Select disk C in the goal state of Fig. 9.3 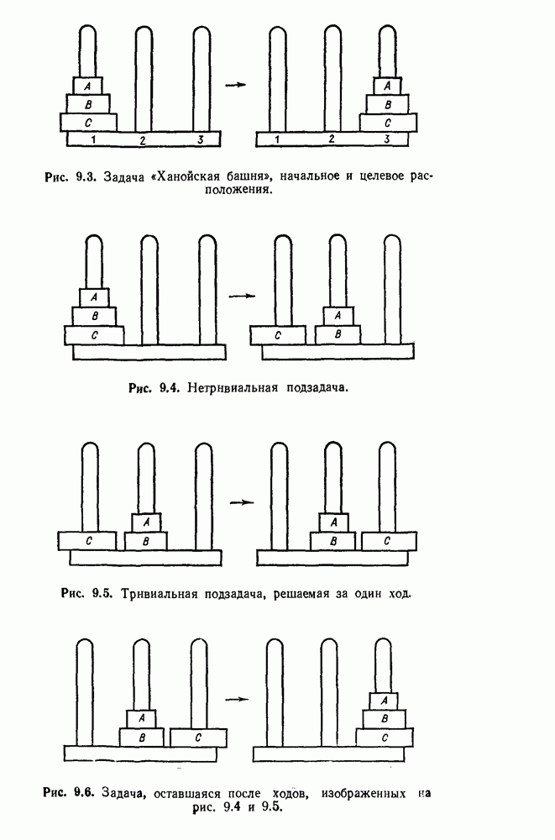tap(387, 123)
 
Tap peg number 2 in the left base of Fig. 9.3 tap(143, 139)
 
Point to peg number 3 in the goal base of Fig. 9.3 tap(386, 139)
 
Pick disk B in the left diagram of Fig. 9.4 tap(93, 317)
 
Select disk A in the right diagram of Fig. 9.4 tap(338, 316)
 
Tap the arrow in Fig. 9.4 tap(240, 296)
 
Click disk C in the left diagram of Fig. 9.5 tap(87, 541)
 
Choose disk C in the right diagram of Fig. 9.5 tap(386, 541)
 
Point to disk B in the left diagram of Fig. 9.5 tap(146, 541)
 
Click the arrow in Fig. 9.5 tap(241, 502)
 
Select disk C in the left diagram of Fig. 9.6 tap(198, 738)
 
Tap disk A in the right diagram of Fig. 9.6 tap(385, 700)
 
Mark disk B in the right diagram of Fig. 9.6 tap(385, 718)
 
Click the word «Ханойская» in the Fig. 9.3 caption tap(191, 176)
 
